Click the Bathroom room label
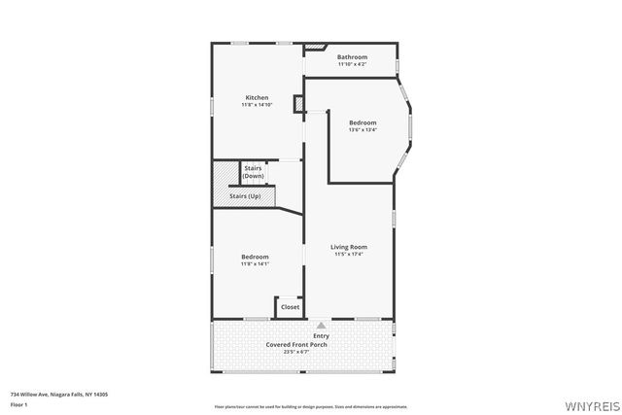pos(352,57)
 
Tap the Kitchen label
pos(257,97)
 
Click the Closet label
pos(290,307)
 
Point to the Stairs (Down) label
pos(253,172)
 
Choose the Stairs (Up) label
pos(245,196)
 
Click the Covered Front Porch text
pos(302,344)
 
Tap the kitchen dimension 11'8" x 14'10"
pos(257,105)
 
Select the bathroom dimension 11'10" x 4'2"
pos(352,65)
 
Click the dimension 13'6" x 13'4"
pos(363,130)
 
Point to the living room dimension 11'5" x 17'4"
pos(349,255)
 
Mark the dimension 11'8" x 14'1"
pos(255,263)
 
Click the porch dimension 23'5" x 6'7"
pos(302,352)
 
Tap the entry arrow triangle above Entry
pos(321,325)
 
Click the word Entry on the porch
pos(321,336)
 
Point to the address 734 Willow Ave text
pos(58,394)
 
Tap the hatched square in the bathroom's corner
pos(316,46)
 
